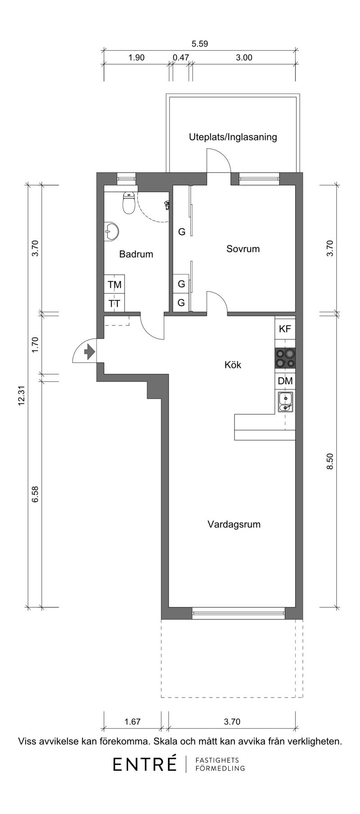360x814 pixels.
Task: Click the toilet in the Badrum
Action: coord(129,203)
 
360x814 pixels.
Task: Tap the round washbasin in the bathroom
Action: coord(111,232)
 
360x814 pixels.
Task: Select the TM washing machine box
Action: coord(114,285)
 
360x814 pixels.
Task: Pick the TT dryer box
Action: coord(114,303)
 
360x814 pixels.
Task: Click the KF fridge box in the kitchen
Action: coord(285,329)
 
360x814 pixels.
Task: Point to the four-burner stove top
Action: coord(285,358)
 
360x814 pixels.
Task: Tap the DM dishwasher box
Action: coord(285,381)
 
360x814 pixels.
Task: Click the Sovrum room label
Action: coord(243,249)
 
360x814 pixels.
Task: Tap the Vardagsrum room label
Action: coord(234,524)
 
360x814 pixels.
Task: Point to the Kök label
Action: coord(233,364)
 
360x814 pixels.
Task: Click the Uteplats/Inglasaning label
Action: coord(233,137)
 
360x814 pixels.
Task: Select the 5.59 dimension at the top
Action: coord(200,44)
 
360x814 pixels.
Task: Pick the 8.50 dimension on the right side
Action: coord(330,461)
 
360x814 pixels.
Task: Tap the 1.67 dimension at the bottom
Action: coord(132,722)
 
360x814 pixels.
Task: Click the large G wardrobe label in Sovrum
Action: coord(182,232)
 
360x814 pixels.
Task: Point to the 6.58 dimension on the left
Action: coord(36,493)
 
